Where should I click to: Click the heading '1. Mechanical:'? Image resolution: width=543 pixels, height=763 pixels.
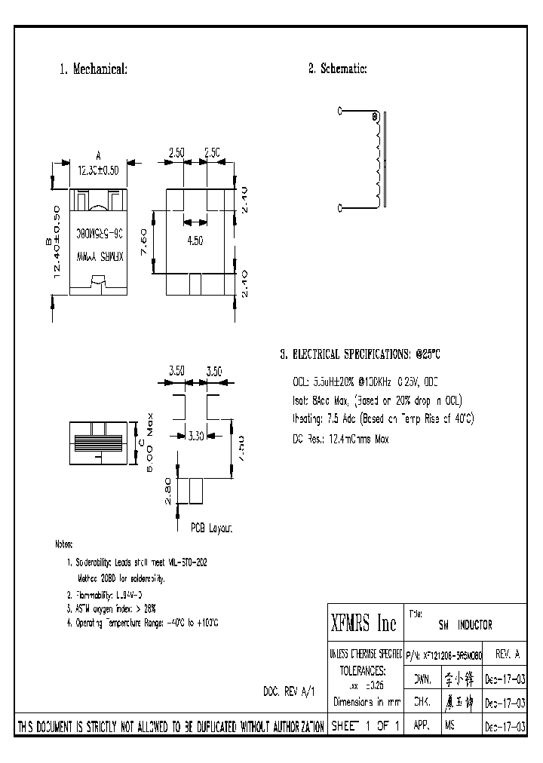tap(93, 69)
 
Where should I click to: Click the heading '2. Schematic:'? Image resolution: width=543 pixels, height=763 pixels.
tap(337, 69)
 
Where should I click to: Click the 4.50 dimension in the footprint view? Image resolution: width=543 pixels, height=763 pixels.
tap(195, 241)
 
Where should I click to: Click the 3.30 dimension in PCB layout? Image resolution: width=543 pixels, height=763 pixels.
tap(195, 435)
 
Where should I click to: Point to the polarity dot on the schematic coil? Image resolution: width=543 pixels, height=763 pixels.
tap(375, 117)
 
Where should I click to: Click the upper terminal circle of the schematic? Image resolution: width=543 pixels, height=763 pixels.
tap(340, 111)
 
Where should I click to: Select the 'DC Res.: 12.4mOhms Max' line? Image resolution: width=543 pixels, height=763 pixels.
tap(340, 439)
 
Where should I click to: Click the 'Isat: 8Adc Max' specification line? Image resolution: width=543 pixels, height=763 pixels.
tap(377, 400)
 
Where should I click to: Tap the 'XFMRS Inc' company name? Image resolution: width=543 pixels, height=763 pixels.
tap(364, 624)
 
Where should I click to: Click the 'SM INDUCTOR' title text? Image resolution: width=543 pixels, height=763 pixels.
tap(465, 625)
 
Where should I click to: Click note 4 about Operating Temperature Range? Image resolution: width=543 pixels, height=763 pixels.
tap(143, 623)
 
